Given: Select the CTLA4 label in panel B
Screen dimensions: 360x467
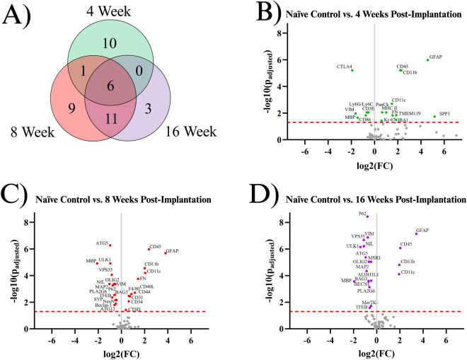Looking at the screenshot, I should tap(345, 67).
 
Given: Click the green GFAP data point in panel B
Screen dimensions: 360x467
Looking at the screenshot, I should tap(427, 60).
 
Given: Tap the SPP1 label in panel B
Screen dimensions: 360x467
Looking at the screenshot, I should tap(444, 113).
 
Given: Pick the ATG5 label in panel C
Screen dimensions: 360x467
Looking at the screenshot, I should tap(102, 243).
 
